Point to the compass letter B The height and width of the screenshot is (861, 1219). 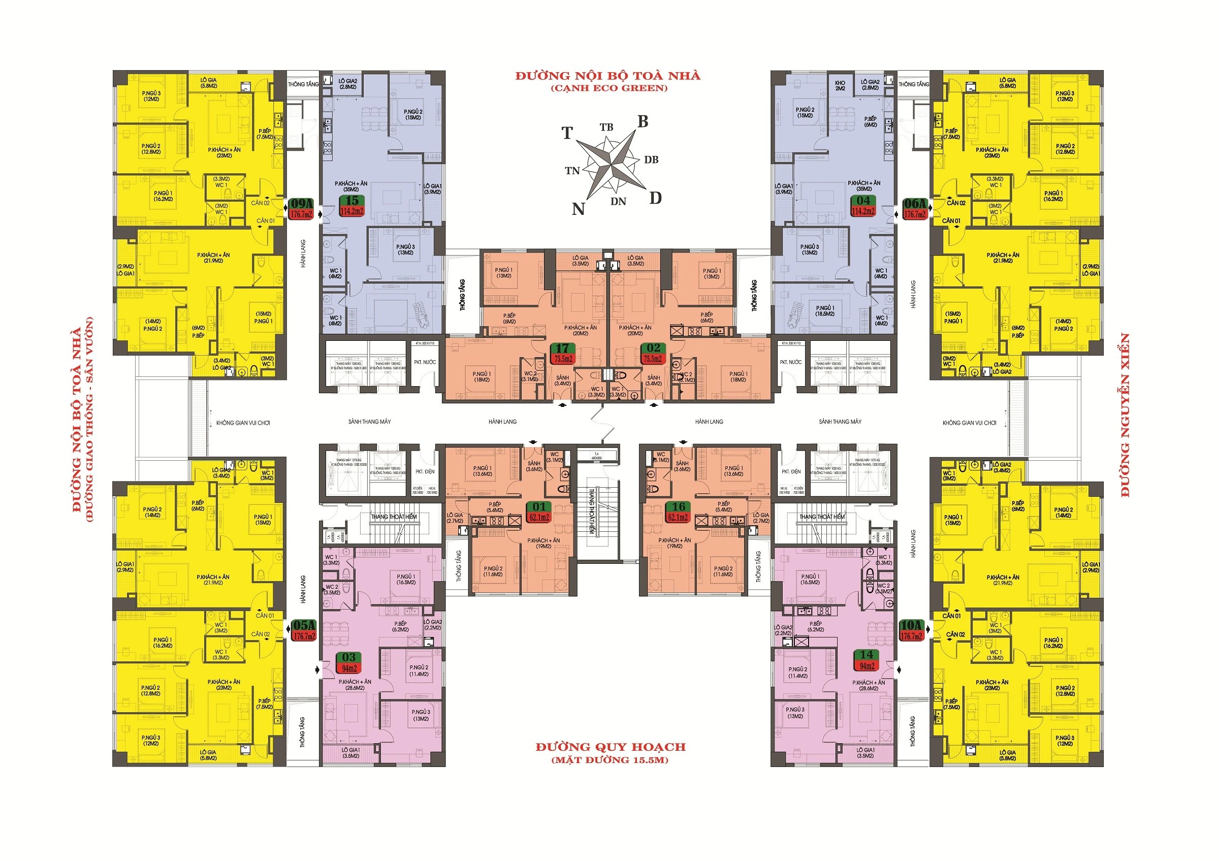[643, 122]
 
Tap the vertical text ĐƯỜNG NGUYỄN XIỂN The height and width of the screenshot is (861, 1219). [1125, 415]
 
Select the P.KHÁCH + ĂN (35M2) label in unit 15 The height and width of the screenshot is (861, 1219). [351, 186]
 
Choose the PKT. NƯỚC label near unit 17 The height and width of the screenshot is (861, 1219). [425, 362]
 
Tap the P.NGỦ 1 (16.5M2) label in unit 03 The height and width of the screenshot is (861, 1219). [406, 579]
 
